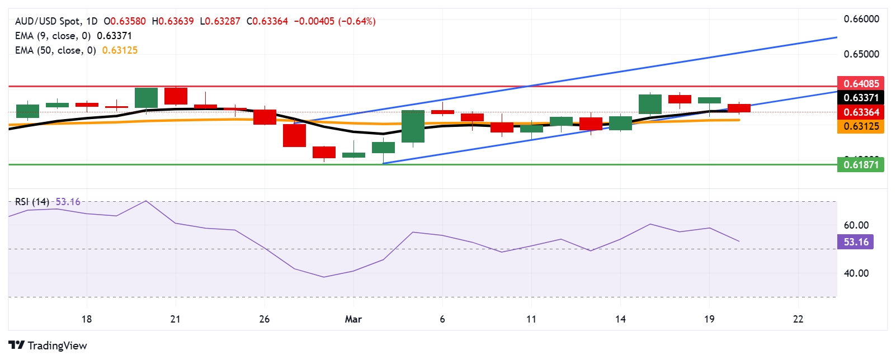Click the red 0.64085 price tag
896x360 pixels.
pos(861,84)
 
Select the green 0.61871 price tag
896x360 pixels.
pos(861,165)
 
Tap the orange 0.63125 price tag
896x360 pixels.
pos(861,126)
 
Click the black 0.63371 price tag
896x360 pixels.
pos(861,98)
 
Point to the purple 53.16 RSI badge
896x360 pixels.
pos(856,242)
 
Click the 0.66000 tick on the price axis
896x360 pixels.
pos(861,19)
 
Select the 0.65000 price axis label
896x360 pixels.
pos(861,54)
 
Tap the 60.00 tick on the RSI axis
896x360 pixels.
pos(856,225)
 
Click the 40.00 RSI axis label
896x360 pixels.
pos(856,273)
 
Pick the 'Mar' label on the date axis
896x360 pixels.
pos(353,319)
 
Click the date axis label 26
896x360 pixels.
pos(265,319)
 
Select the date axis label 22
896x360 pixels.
pos(798,319)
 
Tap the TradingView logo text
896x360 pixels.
pos(57,345)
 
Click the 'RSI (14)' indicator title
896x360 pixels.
pos(32,202)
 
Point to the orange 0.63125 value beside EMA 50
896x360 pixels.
pos(120,50)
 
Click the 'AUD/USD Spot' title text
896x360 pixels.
pos(48,21)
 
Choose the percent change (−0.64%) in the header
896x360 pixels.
pos(357,21)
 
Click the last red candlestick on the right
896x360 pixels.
pos(739,108)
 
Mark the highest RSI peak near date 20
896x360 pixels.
pos(146,201)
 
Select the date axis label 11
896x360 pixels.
pos(531,319)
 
